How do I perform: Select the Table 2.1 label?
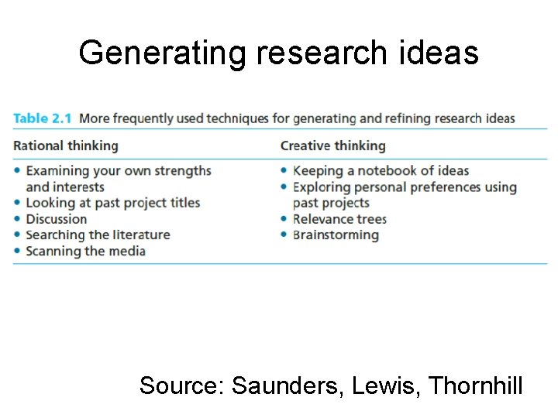click(x=43, y=118)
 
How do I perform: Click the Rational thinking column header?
click(x=66, y=146)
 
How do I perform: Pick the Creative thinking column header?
click(x=332, y=146)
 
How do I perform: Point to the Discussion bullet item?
click(x=57, y=219)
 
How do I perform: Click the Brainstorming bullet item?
click(x=336, y=235)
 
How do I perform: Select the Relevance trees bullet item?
click(x=339, y=219)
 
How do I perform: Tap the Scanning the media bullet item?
click(x=85, y=251)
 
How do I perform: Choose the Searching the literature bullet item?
click(x=98, y=235)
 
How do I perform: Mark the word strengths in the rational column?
click(x=179, y=170)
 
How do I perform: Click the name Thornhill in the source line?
click(x=475, y=385)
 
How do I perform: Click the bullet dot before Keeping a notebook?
click(x=284, y=171)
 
